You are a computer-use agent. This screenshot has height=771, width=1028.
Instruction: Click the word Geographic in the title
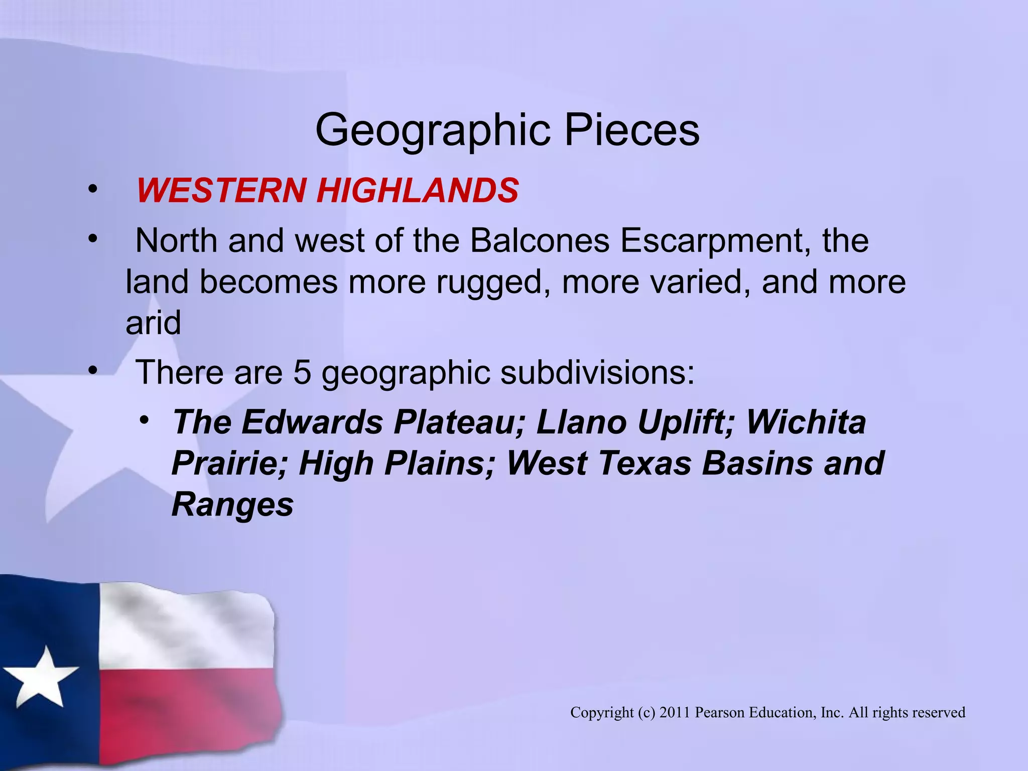(x=434, y=131)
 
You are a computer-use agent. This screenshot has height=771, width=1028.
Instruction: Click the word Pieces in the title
(x=632, y=131)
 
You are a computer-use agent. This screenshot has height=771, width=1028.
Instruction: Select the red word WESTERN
(x=221, y=191)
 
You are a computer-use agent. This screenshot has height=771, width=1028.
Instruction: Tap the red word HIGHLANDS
(x=417, y=191)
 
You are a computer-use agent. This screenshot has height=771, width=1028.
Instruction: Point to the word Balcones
(x=540, y=240)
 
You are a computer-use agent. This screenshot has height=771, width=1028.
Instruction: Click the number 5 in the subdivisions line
(x=302, y=372)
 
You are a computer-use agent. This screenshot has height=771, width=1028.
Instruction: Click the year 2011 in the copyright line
(x=675, y=712)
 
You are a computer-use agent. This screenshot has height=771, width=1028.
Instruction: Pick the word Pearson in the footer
(x=720, y=712)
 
